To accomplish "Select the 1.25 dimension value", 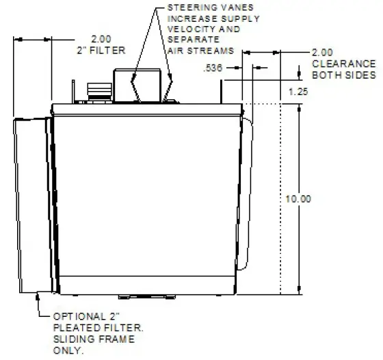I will click(297, 91).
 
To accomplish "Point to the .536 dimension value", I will click(213, 67).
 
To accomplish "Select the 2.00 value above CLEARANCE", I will click(322, 52).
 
